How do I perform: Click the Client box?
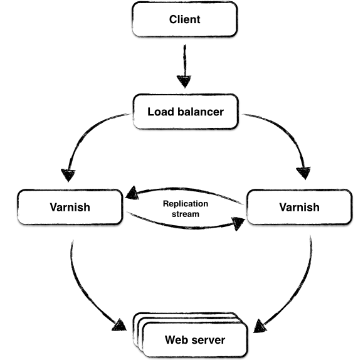[x=184, y=19]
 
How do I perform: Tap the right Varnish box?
[x=299, y=207]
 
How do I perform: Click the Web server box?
[x=194, y=341]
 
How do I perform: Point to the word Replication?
[x=185, y=204]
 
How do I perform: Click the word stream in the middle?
[x=185, y=214]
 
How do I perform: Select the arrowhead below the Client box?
[x=184, y=82]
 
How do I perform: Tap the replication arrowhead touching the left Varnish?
[x=134, y=194]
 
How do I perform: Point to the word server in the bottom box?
[x=210, y=341]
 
